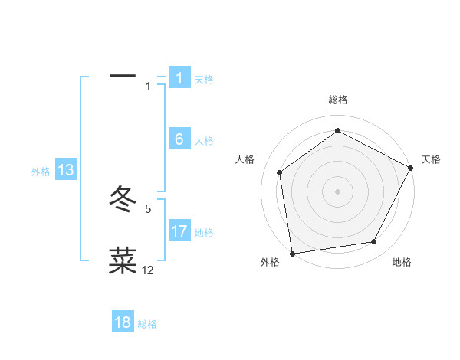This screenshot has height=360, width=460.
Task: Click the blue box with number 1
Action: (x=179, y=78)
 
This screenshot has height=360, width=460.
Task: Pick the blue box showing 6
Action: (x=179, y=139)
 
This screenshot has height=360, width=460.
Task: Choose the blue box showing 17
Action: (x=179, y=231)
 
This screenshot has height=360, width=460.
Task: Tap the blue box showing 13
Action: (x=66, y=171)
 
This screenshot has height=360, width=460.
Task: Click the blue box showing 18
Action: (x=123, y=322)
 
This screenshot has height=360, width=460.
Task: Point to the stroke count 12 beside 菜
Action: (x=148, y=270)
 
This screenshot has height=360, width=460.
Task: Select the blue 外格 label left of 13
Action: (x=41, y=172)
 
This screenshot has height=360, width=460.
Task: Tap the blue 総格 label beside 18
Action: (x=147, y=324)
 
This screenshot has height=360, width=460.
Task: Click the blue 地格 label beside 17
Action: (x=204, y=233)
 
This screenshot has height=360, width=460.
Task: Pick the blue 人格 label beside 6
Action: (x=204, y=141)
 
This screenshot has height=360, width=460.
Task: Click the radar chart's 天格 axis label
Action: (x=431, y=159)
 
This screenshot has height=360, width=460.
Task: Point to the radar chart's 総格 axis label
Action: (x=338, y=100)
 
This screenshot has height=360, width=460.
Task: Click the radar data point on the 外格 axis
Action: (x=292, y=253)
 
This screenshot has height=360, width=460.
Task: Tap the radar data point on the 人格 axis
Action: (x=280, y=172)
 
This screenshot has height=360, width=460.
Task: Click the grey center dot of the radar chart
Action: (x=338, y=191)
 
